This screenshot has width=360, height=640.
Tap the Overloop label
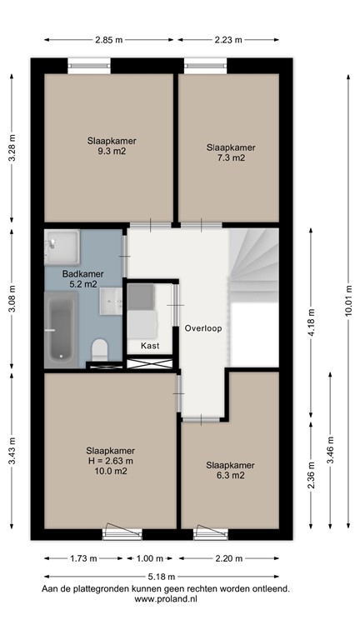202,328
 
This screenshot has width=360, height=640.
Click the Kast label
150,344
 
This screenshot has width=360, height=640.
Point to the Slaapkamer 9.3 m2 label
111,147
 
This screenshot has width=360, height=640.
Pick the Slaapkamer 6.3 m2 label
225,470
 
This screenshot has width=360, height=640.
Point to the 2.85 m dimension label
109,39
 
